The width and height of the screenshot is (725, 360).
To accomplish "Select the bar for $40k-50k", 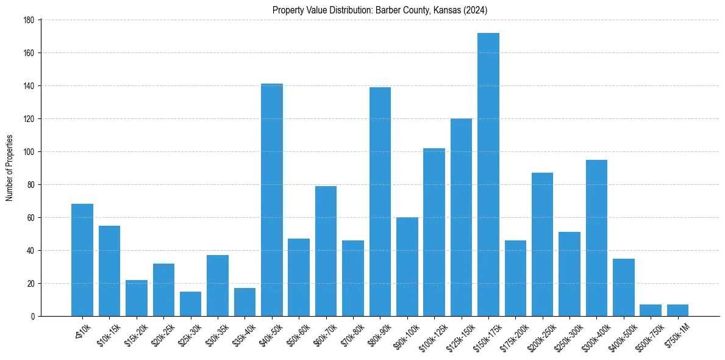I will [272, 200].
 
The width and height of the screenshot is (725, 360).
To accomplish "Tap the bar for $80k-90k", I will [380, 201].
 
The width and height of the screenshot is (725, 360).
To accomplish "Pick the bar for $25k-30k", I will [190, 304].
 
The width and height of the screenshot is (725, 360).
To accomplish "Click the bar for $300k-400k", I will [596, 238].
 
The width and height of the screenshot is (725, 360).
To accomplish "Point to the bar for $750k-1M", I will [677, 311].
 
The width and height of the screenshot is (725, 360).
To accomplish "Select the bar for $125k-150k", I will [461, 217].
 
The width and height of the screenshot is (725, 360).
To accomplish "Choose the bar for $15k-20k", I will [137, 298].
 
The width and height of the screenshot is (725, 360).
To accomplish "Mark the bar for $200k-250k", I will [542, 244].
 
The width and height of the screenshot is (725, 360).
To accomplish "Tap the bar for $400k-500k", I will [623, 287].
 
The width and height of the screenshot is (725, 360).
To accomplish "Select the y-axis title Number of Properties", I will [9, 168].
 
